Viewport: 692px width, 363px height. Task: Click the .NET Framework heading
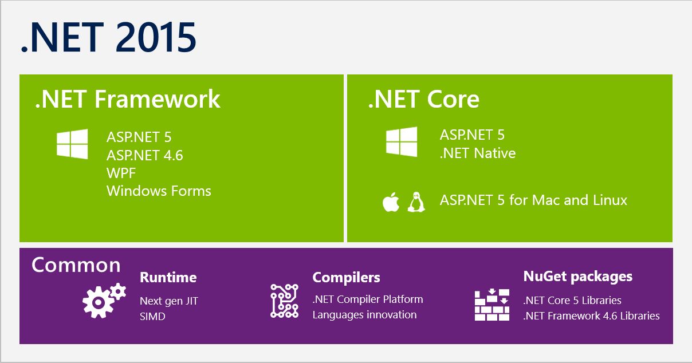coord(127,99)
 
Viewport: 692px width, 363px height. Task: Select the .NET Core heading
coord(423,99)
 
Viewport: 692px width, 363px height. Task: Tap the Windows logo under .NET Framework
coord(72,144)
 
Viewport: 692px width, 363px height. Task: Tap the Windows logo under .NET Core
coord(402,142)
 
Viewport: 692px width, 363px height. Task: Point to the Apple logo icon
coord(391,202)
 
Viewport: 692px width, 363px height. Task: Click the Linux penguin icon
coord(416,202)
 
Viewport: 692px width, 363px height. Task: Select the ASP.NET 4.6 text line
coord(144,155)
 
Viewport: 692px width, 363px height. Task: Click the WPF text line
coord(121,173)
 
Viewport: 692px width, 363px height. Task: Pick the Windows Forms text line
coord(159,191)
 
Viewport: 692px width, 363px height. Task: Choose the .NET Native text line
coord(478,153)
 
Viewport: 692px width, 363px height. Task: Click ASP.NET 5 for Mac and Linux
coord(533,200)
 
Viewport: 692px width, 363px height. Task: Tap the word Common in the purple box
coord(76,265)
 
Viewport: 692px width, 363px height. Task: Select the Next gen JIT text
coord(168,301)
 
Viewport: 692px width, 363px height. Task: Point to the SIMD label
coord(152,316)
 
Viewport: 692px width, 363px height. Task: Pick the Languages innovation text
coord(364,315)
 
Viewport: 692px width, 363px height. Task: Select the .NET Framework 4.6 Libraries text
coord(591,316)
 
